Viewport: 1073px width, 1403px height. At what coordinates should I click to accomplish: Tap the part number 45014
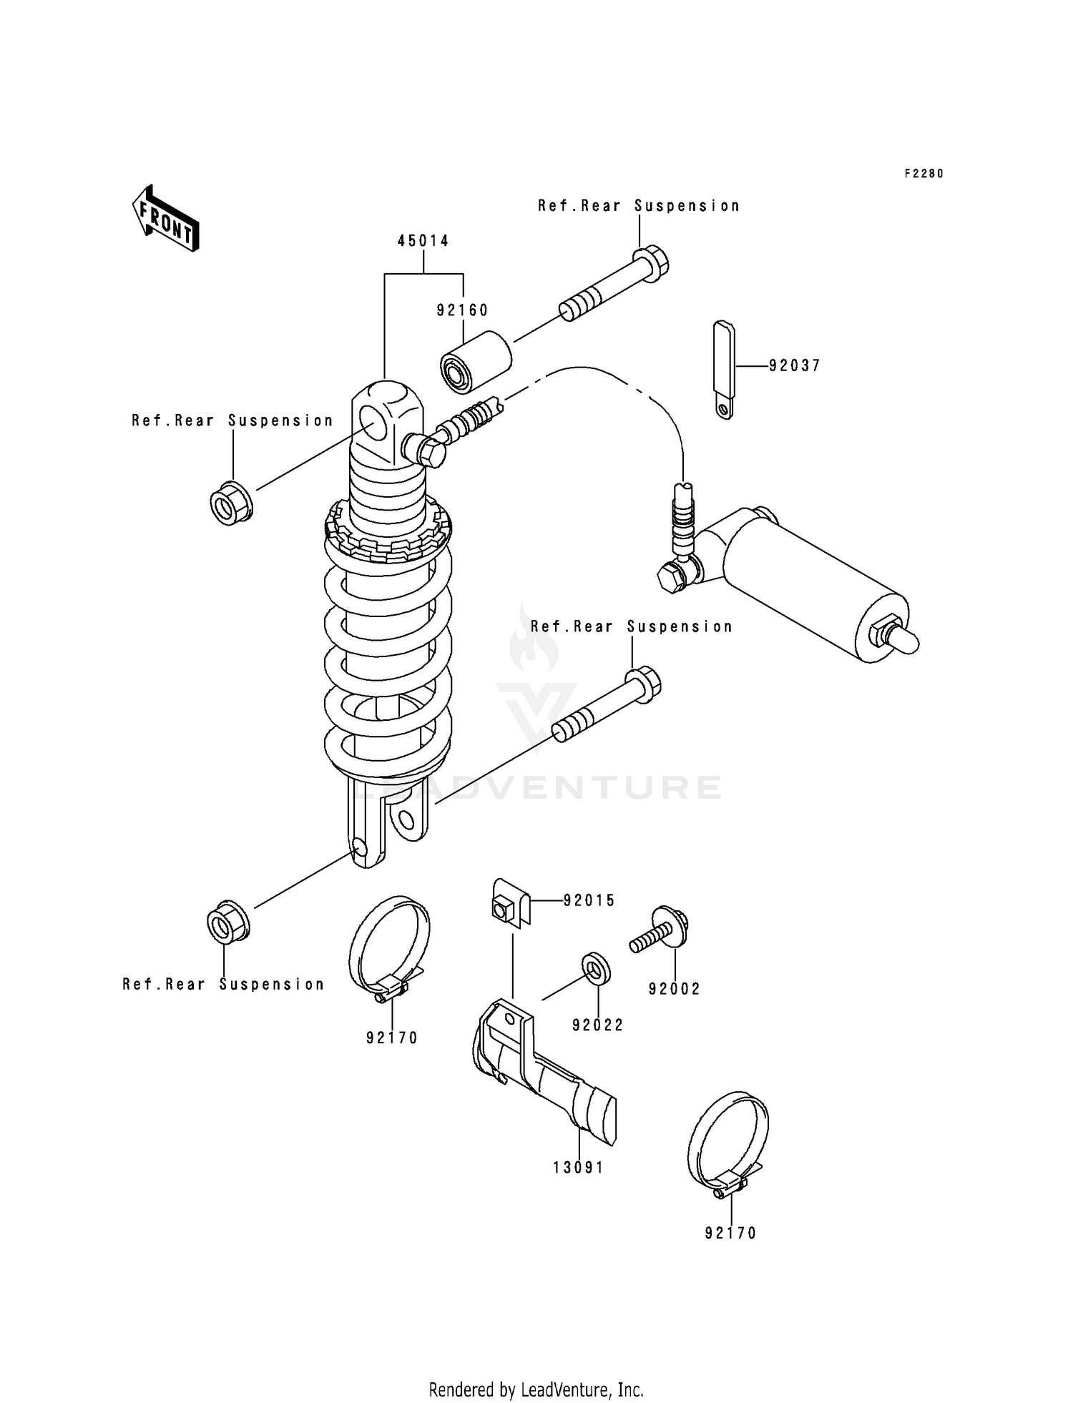tap(423, 241)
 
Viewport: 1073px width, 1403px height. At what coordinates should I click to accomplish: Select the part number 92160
tap(463, 310)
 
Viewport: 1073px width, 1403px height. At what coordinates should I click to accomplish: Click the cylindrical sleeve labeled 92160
tap(476, 361)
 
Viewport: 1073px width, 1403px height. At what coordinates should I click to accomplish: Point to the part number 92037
tap(795, 365)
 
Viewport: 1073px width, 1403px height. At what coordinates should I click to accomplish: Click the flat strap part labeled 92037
tap(724, 368)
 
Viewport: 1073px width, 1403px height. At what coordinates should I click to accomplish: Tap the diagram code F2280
tap(923, 174)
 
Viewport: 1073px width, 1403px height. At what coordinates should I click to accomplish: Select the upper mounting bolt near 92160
tap(616, 284)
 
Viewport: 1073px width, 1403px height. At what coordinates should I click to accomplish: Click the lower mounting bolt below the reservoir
tap(608, 704)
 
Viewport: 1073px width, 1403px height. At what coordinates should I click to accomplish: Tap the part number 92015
tap(589, 901)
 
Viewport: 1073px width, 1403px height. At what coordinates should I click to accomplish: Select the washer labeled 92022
tap(595, 968)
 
